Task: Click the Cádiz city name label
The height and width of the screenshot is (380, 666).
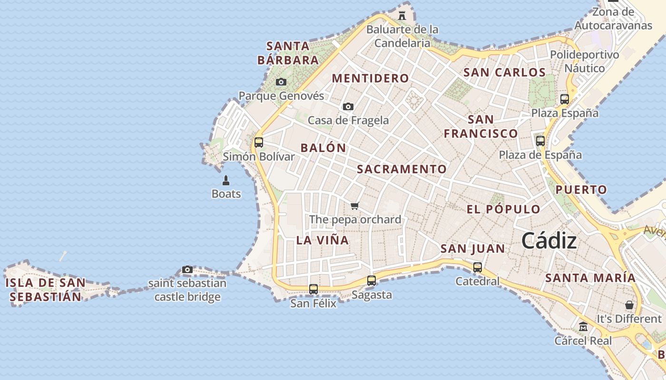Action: [549, 241]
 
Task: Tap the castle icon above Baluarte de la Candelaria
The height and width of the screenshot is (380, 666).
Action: [402, 15]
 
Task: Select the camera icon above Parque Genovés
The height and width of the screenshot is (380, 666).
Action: [281, 82]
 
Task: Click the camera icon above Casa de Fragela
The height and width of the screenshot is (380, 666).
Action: [348, 106]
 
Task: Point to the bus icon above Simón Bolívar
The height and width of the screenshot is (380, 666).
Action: [259, 142]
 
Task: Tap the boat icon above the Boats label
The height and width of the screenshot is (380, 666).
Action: [226, 180]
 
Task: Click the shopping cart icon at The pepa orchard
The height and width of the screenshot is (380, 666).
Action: [354, 206]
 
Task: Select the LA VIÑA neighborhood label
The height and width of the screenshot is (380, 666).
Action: [323, 240]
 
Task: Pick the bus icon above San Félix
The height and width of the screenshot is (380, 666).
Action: [313, 289]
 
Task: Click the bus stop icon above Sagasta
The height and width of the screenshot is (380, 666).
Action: [372, 281]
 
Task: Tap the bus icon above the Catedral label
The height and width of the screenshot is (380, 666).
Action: [478, 267]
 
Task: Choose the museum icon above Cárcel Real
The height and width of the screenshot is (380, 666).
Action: [583, 327]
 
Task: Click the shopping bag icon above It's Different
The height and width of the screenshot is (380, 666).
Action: [629, 304]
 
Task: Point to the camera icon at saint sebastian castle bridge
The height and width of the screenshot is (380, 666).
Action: [187, 270]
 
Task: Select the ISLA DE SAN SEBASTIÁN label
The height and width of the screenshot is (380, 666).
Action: [45, 290]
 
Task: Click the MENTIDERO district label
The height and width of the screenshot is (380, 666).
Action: [370, 78]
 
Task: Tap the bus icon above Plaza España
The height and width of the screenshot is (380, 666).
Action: [565, 99]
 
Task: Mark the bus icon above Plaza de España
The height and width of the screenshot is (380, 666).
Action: [540, 141]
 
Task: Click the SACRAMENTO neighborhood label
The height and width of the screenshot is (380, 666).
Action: [402, 169]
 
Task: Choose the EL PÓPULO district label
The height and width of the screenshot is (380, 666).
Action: [503, 209]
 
